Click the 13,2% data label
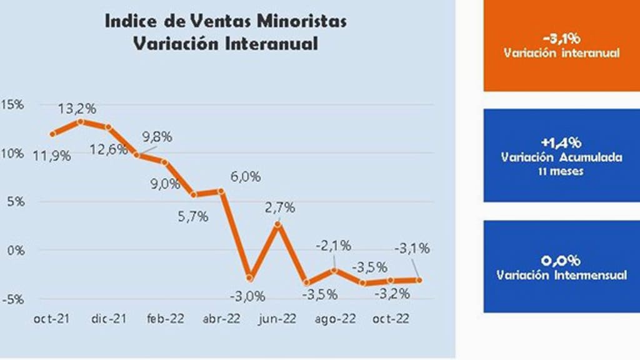(x=77, y=109)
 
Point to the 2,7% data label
(x=279, y=208)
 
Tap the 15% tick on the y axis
(x=12, y=104)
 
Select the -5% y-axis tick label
(x=12, y=298)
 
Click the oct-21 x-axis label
(x=51, y=319)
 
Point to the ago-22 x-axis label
(x=336, y=319)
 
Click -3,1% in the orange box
(x=562, y=37)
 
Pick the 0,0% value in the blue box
(x=562, y=261)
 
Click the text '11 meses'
(x=562, y=171)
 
